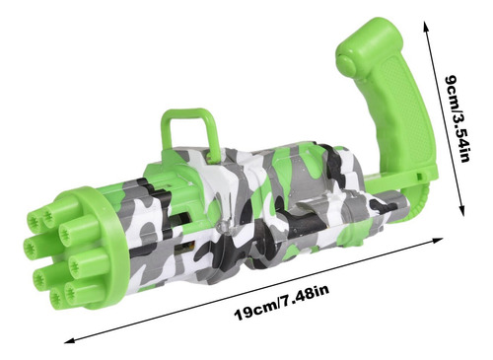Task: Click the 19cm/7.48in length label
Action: click(x=282, y=303)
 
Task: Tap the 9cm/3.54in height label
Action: click(x=457, y=118)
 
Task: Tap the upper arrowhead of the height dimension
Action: click(x=427, y=27)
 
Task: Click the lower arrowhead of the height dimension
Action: click(x=461, y=209)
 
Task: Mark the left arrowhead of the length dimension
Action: click(x=70, y=340)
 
